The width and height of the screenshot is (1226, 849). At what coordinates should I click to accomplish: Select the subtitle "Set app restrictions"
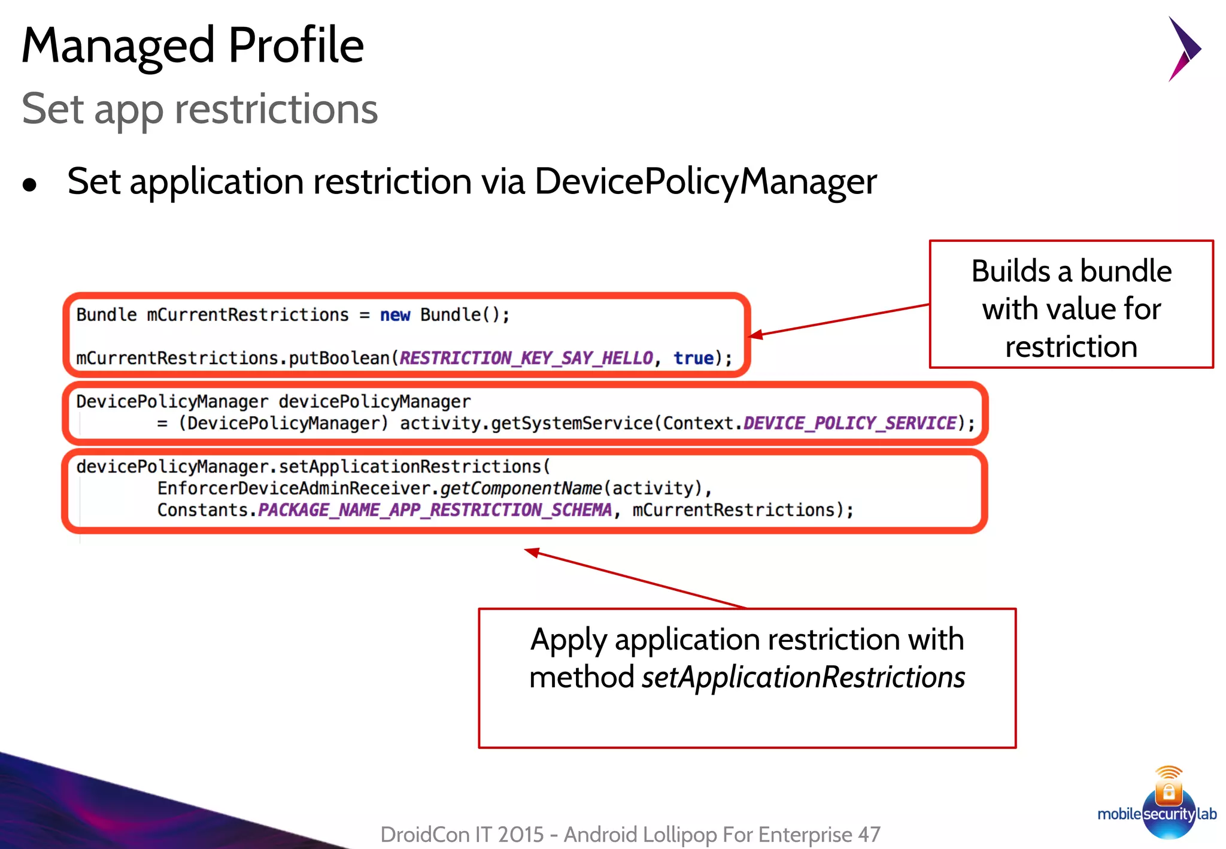tap(200, 109)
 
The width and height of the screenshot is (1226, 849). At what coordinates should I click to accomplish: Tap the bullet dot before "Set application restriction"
tap(29, 185)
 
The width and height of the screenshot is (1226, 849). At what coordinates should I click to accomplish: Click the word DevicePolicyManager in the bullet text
tap(705, 182)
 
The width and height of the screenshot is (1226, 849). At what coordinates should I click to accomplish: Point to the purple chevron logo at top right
tap(1183, 48)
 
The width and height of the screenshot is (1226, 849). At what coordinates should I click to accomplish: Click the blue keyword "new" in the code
tap(395, 315)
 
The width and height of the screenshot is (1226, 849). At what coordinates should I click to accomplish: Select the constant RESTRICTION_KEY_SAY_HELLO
tap(526, 358)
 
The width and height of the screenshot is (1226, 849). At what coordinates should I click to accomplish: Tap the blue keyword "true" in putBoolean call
tap(693, 358)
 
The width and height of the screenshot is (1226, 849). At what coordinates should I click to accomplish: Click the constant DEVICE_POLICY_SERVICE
tap(849, 423)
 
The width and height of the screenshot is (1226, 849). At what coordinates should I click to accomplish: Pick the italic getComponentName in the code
tap(521, 489)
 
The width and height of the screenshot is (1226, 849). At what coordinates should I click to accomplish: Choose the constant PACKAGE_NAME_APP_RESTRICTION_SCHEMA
tap(435, 510)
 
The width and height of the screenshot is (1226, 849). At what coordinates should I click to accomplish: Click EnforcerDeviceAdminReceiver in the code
tap(293, 489)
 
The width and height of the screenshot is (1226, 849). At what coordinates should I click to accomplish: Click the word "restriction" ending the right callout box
tap(1071, 347)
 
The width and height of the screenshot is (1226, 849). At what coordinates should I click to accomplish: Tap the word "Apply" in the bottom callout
tap(569, 640)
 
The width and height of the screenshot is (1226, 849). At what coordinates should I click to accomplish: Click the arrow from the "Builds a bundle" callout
tap(838, 320)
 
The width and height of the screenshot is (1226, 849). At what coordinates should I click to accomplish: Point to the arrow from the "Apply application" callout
tap(635, 578)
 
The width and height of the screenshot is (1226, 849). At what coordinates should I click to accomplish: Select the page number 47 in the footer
tap(869, 834)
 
